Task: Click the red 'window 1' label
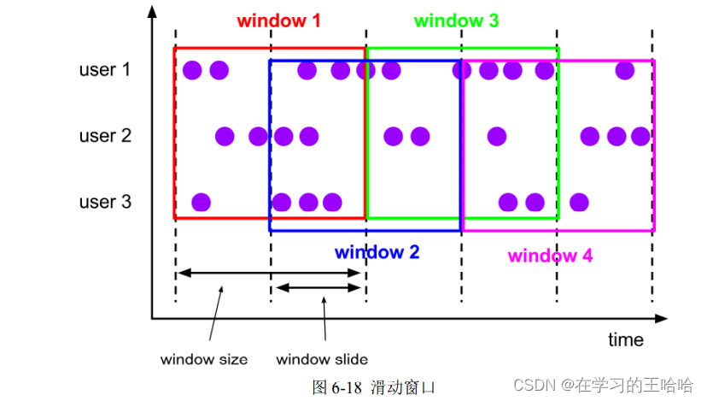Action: (x=278, y=21)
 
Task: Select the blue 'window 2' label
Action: (x=377, y=252)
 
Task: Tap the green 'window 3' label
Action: (x=456, y=21)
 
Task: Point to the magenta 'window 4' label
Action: (x=550, y=256)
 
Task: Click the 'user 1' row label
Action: (x=105, y=69)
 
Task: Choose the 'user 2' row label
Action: (x=105, y=135)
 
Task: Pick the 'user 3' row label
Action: (x=105, y=202)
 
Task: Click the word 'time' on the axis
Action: (x=626, y=339)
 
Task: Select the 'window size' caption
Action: (x=204, y=359)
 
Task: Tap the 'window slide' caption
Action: (x=322, y=359)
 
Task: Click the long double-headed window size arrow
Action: (x=270, y=273)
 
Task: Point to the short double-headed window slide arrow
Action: (x=318, y=287)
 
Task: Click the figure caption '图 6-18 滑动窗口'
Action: (x=374, y=387)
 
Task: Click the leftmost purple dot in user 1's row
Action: (x=192, y=70)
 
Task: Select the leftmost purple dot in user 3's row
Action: (x=201, y=203)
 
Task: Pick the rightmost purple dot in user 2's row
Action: (x=640, y=136)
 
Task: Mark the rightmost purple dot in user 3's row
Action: (x=579, y=203)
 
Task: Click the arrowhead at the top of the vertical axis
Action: (x=152, y=12)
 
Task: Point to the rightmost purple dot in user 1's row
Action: (x=625, y=70)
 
